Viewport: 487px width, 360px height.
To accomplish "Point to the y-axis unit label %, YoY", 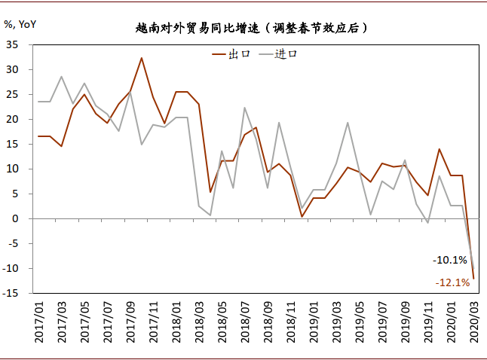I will (20, 23).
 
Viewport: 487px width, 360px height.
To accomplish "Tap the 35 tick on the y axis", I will (13, 44).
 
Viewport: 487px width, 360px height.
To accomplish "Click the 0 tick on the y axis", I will (16, 218).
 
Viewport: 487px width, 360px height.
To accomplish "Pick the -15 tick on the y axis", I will (11, 293).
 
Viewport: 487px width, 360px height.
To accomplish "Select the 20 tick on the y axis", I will (13, 119).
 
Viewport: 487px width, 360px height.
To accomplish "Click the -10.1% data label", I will (450, 260).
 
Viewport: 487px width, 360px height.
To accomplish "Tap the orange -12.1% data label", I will (452, 282).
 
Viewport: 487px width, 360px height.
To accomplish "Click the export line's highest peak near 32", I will (142, 58).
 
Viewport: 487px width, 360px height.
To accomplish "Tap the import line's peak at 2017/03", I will (61, 77).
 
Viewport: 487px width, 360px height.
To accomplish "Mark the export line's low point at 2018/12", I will (302, 216).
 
